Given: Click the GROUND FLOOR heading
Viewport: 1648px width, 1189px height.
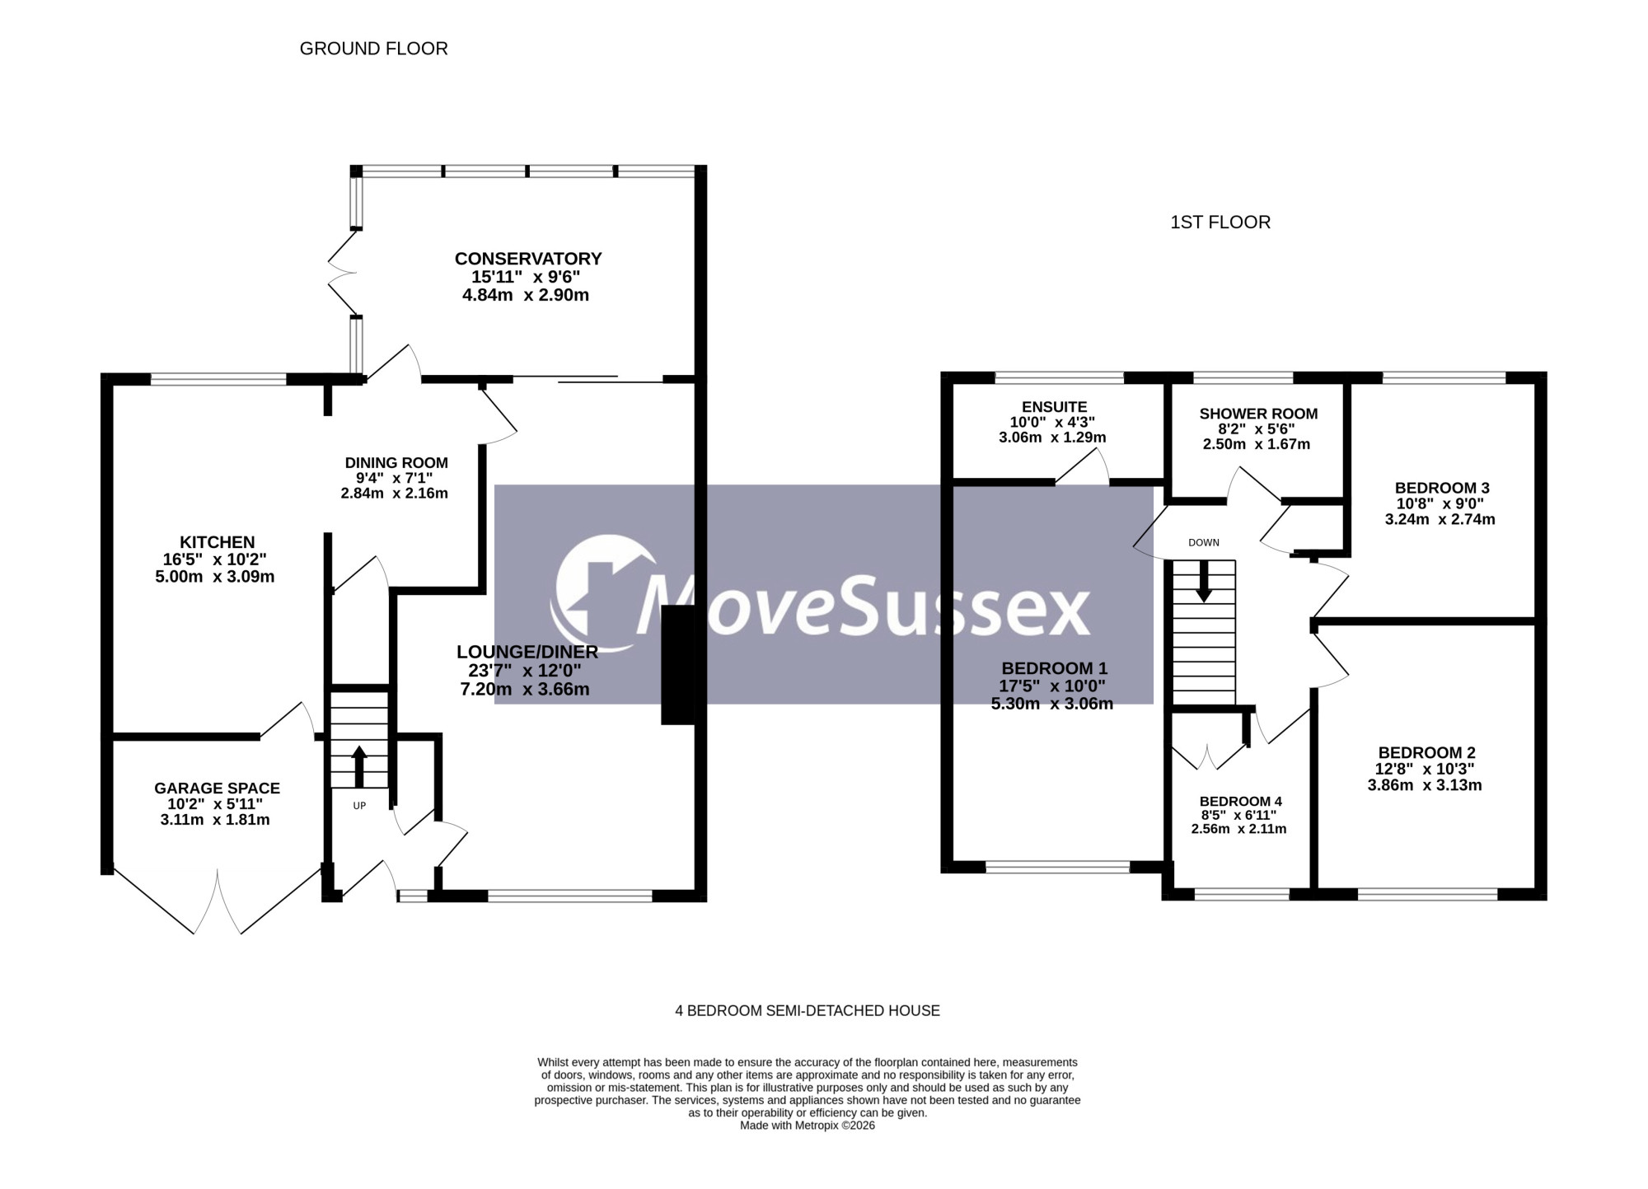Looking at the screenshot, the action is [373, 49].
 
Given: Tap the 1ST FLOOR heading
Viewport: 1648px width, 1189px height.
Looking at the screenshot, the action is [1220, 222].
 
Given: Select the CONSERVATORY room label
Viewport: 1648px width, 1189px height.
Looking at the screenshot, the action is [528, 259].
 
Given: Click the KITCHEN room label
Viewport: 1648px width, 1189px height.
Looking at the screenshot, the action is [218, 542].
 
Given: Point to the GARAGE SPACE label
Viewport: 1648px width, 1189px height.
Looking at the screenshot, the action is [217, 789].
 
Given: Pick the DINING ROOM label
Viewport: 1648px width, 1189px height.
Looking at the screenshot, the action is [396, 463].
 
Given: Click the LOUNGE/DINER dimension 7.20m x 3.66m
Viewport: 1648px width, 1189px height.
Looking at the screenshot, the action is [525, 690].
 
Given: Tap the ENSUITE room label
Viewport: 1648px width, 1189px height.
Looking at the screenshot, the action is [1054, 407].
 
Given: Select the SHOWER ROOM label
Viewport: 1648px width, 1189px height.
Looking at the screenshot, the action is [1258, 414].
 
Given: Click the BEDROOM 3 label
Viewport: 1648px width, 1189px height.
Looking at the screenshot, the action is [1442, 488].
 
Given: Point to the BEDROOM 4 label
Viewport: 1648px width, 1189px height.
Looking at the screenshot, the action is [1240, 802].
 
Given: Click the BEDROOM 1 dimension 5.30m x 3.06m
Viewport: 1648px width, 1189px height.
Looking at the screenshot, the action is [1051, 704].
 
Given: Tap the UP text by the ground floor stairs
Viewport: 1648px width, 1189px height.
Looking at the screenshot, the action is [359, 806].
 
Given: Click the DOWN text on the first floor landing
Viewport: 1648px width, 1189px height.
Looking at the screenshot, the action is [1204, 543].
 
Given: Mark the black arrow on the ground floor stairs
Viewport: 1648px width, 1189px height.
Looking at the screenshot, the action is [359, 767].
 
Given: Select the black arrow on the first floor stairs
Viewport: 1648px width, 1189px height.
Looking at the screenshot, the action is [1204, 581].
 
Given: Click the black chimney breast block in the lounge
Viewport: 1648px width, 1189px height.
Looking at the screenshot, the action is [678, 665].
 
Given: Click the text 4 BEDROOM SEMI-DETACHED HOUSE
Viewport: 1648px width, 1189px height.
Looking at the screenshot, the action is [808, 1011].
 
